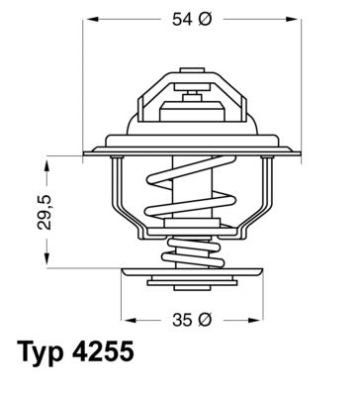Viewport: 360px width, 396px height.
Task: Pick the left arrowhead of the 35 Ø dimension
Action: (125, 320)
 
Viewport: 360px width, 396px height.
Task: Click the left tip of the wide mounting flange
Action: (85, 151)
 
